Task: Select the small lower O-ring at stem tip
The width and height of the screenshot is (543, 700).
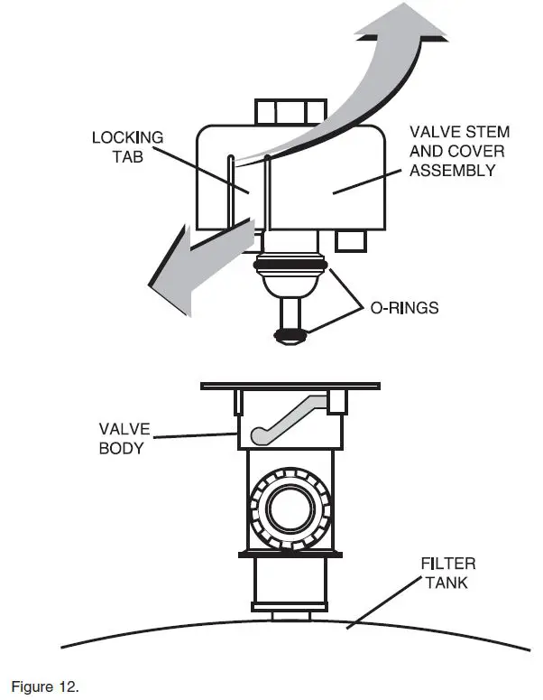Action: point(290,336)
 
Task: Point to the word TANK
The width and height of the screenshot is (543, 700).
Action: point(447,582)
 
